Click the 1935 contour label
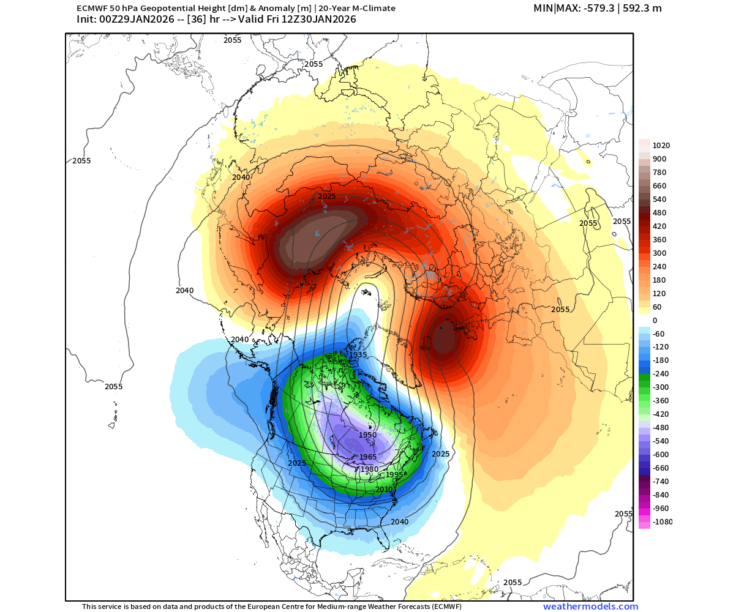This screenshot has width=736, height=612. coord(357,355)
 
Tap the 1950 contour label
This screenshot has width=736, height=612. coord(367,435)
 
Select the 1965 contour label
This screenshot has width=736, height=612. coord(368,457)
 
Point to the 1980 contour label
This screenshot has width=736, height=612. coord(369,469)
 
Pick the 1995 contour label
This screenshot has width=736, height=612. coord(394,475)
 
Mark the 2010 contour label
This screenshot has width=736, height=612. coord(384,490)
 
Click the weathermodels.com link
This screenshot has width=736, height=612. coord(590,606)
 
